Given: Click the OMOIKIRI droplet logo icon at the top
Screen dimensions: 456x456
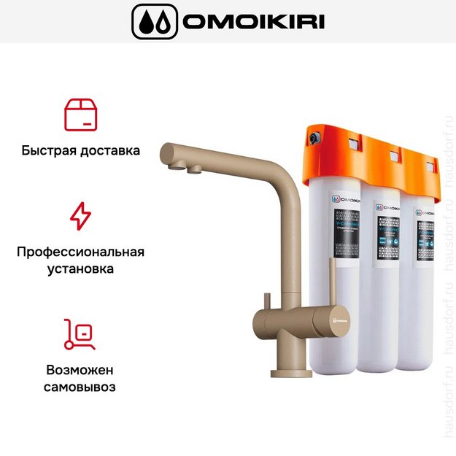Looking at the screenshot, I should click(155, 22).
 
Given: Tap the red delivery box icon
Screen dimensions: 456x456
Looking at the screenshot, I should click(80, 115).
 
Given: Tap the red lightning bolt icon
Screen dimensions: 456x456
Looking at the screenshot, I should click(80, 216).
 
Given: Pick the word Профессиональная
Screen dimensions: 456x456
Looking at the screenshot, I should click(80, 252).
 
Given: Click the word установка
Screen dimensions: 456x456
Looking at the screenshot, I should click(80, 269).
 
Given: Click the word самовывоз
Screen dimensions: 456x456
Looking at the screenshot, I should click(80, 387).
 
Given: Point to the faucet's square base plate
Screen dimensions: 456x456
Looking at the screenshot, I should click(291, 373).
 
